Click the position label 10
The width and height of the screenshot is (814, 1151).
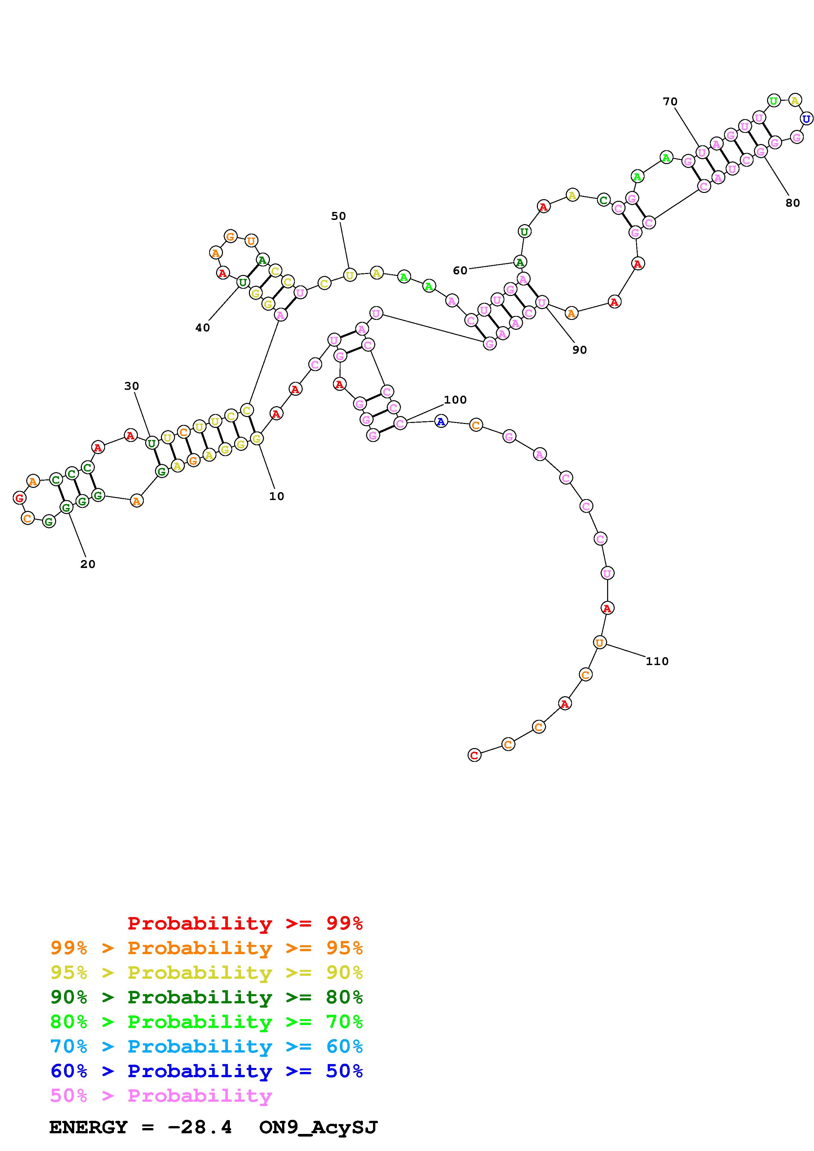pyautogui.click(x=276, y=496)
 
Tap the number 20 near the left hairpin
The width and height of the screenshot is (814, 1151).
pyautogui.click(x=88, y=564)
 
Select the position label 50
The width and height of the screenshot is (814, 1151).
pyautogui.click(x=339, y=216)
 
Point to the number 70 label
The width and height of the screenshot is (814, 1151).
pyautogui.click(x=670, y=102)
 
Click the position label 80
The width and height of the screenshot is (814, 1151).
pyautogui.click(x=792, y=203)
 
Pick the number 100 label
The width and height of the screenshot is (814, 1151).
pyautogui.click(x=455, y=400)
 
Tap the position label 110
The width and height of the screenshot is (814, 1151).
pyautogui.click(x=657, y=661)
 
